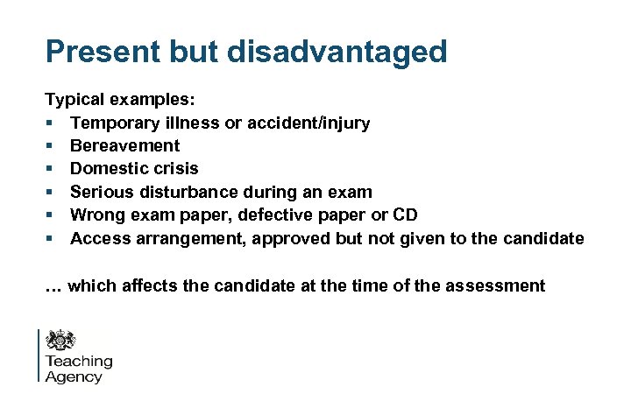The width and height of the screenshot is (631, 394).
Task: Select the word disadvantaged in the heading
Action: (x=337, y=52)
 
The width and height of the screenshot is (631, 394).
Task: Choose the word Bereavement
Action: (x=124, y=146)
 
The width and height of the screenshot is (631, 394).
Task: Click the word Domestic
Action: (x=105, y=168)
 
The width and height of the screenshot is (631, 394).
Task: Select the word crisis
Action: (x=174, y=168)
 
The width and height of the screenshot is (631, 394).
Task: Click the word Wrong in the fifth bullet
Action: (x=96, y=215)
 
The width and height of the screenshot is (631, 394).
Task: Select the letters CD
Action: (x=407, y=215)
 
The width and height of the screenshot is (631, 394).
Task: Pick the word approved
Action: (x=290, y=237)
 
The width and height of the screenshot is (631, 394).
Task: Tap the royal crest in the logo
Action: (x=61, y=341)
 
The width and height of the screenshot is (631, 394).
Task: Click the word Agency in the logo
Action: (x=74, y=377)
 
